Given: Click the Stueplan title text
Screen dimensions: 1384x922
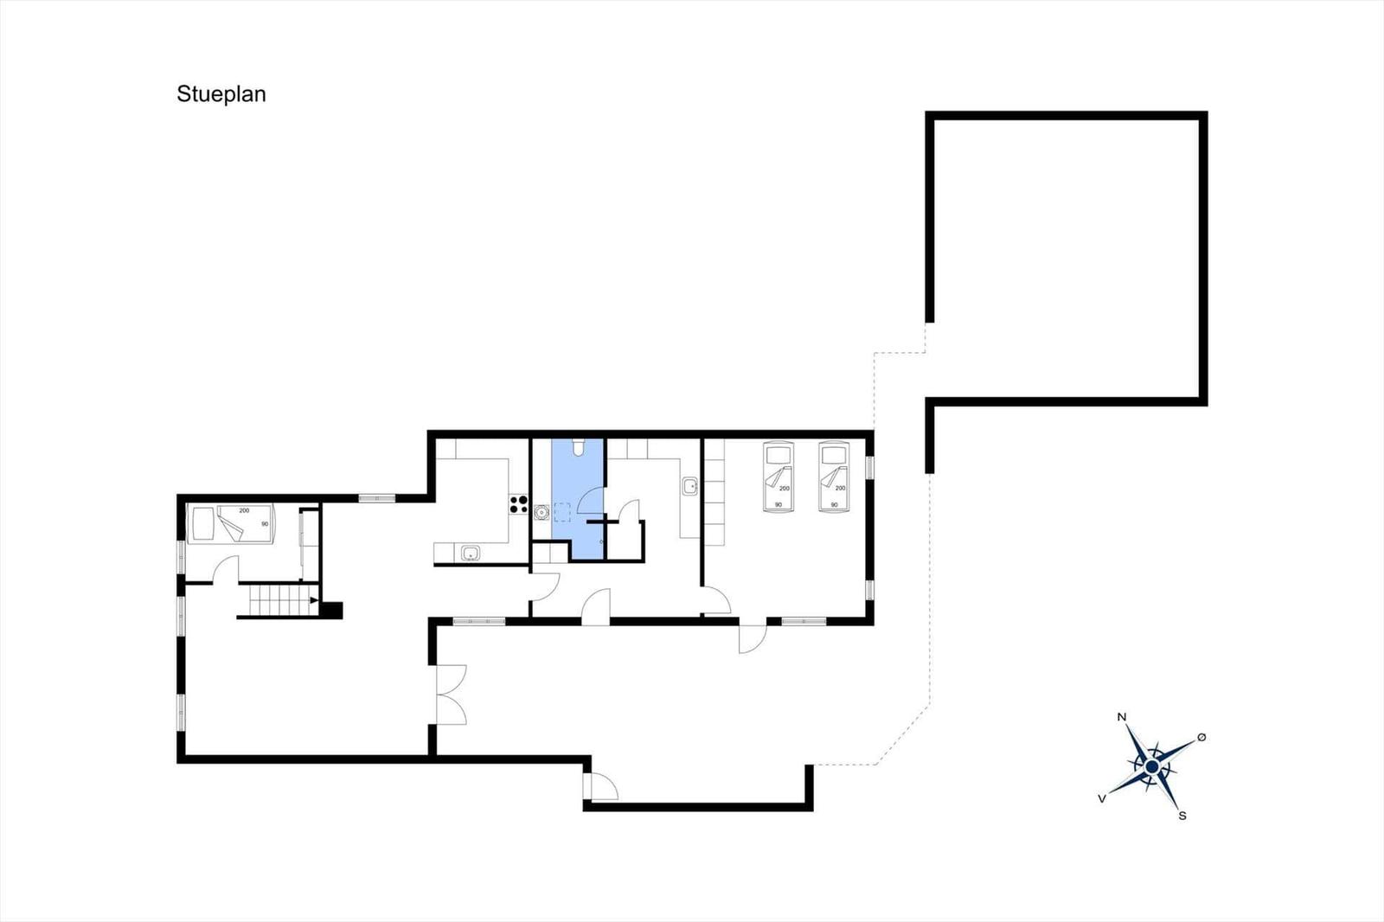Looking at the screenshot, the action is point(221,94).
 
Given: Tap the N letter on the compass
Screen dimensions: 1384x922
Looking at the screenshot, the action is point(1122,717).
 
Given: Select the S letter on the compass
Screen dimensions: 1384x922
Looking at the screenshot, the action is point(1182,816).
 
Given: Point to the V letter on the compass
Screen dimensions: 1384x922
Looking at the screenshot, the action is point(1102,799).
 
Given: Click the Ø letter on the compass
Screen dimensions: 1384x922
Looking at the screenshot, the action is point(1201,737).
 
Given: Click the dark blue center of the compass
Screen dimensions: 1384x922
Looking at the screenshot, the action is point(1151,767).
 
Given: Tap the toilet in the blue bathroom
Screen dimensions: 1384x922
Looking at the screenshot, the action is point(579,447).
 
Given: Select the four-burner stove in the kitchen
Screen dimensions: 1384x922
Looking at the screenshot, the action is point(518,504).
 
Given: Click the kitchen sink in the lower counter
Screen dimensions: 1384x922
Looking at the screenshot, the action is point(471,553).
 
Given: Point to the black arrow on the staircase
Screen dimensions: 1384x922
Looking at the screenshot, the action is point(314,600).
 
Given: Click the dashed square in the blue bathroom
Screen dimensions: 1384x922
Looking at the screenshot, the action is point(562,512).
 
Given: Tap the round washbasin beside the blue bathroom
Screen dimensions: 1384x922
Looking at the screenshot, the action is point(541,512).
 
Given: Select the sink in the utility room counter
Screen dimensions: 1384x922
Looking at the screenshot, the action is point(689,486).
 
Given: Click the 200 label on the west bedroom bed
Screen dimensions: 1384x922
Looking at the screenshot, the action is point(244,510).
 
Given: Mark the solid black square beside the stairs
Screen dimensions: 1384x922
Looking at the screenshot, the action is point(331,611).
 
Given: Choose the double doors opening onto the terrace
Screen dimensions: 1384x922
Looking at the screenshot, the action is point(452,695).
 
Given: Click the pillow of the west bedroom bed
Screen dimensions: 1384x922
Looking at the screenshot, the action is point(203,524).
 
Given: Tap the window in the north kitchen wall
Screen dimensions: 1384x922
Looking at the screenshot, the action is point(377,498).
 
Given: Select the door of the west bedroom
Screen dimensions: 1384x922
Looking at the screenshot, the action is point(226,569).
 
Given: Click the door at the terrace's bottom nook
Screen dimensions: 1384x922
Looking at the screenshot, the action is point(600,786).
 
